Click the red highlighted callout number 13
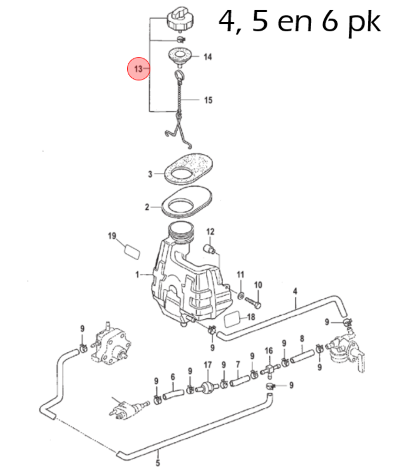pyautogui.click(x=138, y=68)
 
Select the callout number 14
pyautogui.click(x=207, y=57)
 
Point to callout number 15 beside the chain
pyautogui.click(x=207, y=100)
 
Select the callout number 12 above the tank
pyautogui.click(x=210, y=232)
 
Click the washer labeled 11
pyautogui.click(x=241, y=294)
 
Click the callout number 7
pyautogui.click(x=237, y=364)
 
